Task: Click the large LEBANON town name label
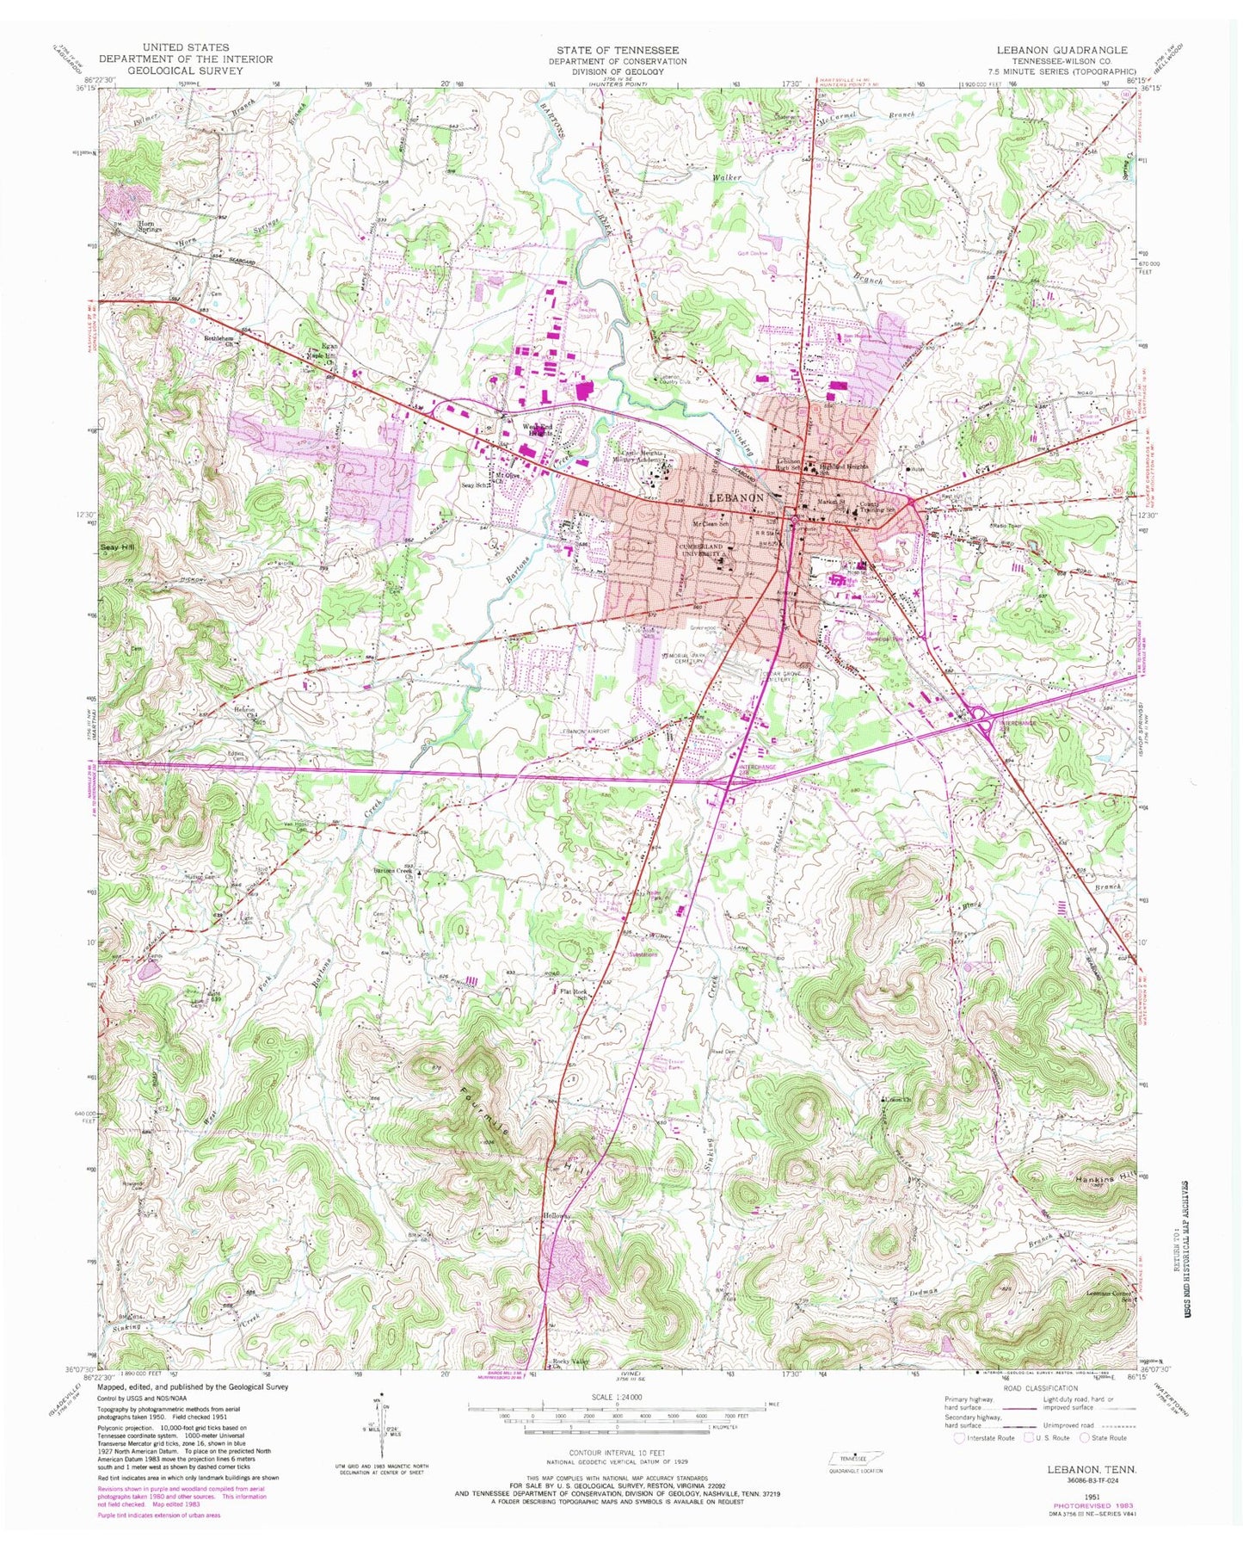pos(736,498)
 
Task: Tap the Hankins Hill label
pos(1103,1181)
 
